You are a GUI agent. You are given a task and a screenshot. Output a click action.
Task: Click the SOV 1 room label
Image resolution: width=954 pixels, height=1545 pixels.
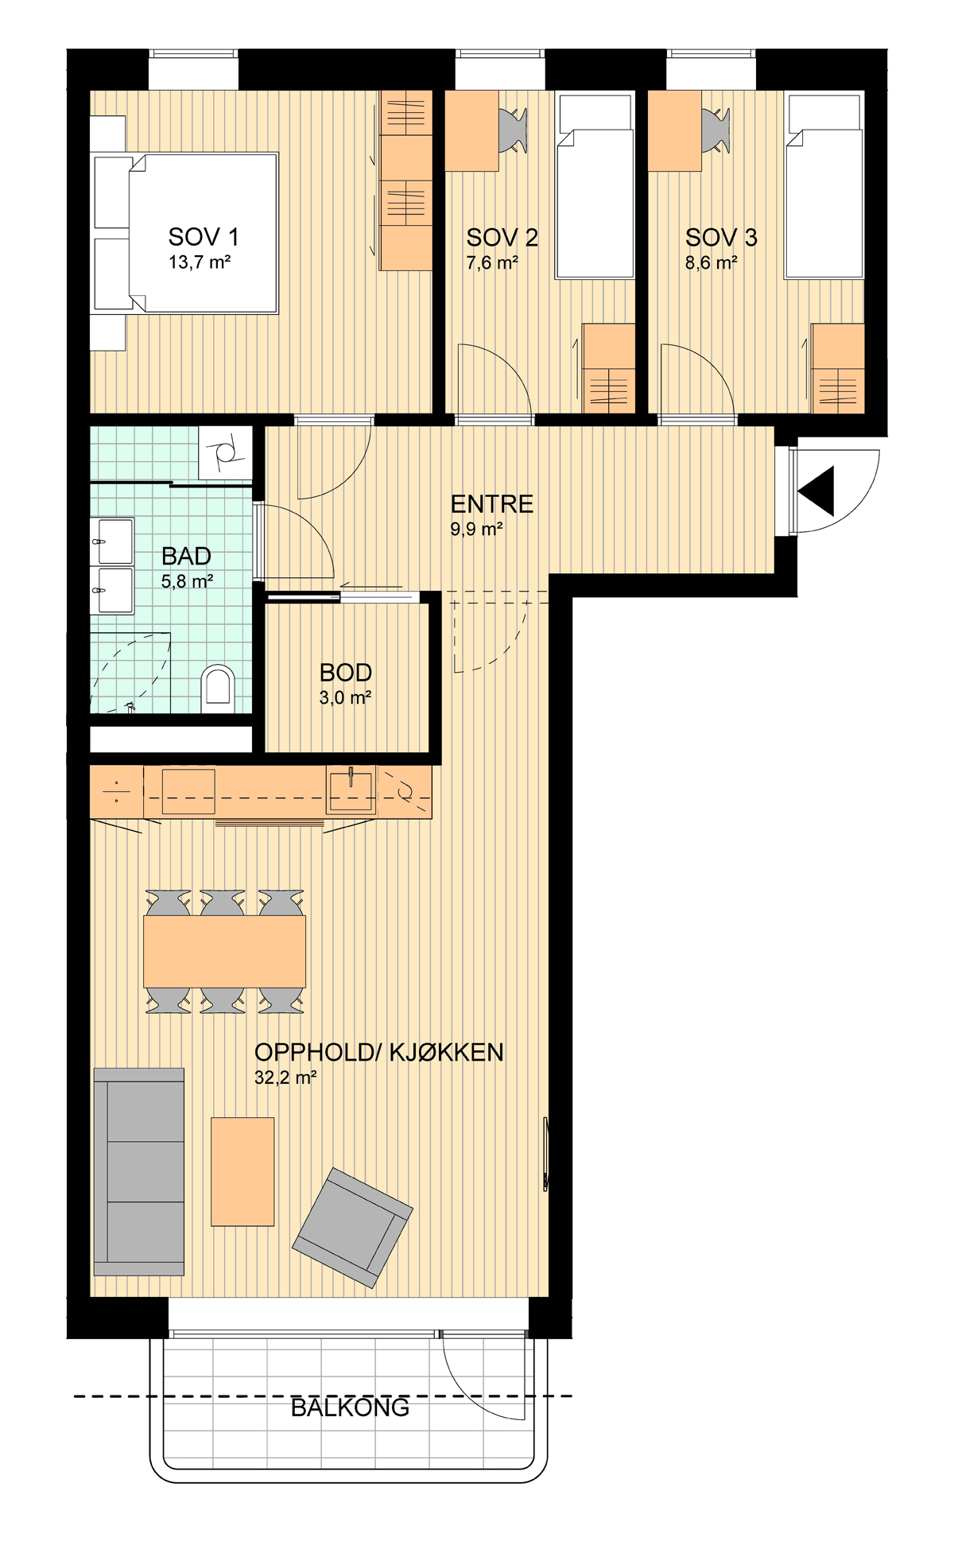203,237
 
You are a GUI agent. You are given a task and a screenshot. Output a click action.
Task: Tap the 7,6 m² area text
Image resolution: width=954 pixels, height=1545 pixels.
492,262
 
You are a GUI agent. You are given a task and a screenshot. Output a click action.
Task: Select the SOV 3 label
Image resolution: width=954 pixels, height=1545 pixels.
721,237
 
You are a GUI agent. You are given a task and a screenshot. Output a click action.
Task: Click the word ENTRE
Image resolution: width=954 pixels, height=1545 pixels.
492,504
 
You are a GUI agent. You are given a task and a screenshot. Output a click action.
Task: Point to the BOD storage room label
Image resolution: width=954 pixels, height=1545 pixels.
346,673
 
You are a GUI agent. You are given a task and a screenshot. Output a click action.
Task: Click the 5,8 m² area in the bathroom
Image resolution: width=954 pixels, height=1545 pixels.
187,581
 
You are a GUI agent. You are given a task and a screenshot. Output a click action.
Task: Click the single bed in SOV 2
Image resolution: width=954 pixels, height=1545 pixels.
595,187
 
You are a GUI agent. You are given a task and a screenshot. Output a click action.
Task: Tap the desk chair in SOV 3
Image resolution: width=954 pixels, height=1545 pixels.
716,130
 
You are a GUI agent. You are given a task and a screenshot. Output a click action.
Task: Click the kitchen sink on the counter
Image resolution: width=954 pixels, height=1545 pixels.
351,790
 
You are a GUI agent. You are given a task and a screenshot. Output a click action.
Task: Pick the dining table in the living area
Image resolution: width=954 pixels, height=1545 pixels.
225,951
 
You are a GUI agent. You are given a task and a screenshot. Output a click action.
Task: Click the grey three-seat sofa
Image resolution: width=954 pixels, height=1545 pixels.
139,1171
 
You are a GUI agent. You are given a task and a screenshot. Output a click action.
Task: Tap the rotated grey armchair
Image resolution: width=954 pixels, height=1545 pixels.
352,1228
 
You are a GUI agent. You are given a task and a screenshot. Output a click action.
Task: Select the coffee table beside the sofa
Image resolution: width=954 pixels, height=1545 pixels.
242,1171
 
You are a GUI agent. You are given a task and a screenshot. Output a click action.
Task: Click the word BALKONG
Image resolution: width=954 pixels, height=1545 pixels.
350,1407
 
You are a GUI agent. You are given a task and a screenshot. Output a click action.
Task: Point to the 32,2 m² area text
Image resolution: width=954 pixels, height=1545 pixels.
285,1078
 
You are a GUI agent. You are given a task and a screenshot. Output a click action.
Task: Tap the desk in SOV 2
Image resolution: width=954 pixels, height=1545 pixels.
471,130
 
